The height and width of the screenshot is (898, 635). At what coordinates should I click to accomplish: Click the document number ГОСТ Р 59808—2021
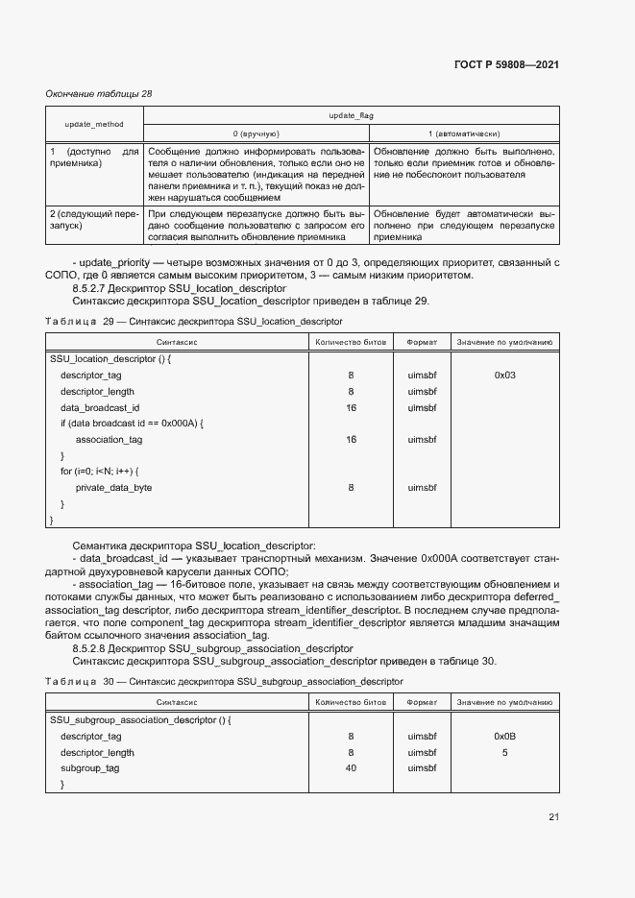tap(506, 64)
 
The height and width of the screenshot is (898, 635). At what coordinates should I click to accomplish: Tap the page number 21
tap(553, 817)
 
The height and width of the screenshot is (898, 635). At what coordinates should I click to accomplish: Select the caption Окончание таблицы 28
tap(99, 94)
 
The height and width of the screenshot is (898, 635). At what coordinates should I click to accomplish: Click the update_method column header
tap(94, 125)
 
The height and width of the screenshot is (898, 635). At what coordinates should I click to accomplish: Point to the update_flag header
tap(351, 115)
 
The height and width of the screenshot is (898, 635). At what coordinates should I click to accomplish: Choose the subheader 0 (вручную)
tap(256, 133)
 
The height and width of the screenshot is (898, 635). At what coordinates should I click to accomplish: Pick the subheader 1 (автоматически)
tap(463, 133)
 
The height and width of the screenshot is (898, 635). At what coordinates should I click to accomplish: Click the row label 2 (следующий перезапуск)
tap(94, 219)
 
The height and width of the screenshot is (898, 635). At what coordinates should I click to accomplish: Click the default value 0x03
tap(504, 375)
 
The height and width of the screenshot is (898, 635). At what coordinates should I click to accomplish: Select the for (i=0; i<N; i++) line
tap(100, 472)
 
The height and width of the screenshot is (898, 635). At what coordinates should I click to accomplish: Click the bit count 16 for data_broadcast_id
tap(351, 407)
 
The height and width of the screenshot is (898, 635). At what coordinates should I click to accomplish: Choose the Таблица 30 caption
tap(224, 681)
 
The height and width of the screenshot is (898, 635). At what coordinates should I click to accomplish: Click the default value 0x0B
tap(504, 736)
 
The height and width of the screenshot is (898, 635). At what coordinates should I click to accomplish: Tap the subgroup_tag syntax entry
tap(90, 768)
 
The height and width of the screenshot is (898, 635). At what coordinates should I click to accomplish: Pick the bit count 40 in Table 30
tap(351, 768)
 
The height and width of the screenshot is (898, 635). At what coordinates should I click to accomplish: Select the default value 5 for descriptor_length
tap(504, 752)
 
